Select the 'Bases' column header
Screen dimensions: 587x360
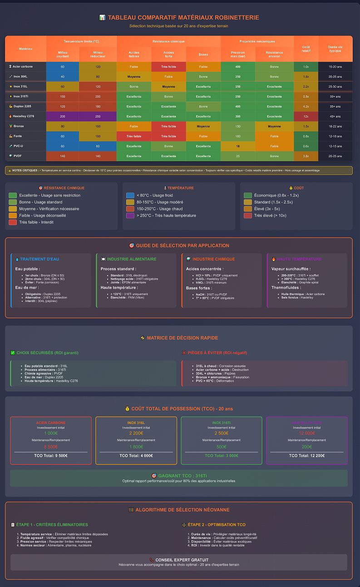tap(203, 54)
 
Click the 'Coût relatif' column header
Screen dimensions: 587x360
tap(306, 49)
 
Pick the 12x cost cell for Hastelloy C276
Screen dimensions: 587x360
tap(306, 116)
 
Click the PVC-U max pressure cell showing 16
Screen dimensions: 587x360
tap(238, 146)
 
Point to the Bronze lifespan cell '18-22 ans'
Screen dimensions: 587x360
tap(335, 126)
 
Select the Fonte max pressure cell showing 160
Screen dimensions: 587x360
tap(238, 136)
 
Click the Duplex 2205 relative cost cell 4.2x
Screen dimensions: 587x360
tap(306, 106)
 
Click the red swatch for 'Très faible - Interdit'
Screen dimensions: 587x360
tap(13, 222)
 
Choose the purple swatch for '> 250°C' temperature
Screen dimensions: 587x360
tap(130, 216)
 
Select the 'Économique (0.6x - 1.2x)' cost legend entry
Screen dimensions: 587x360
tap(270, 195)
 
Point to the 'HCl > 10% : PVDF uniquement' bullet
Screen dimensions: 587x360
tap(211, 275)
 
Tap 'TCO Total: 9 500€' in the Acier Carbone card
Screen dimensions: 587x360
tap(51, 455)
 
